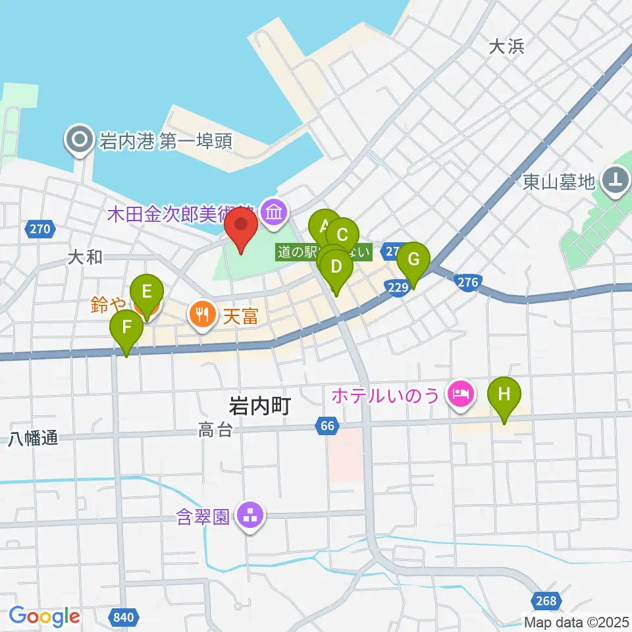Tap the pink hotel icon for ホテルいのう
click(459, 394)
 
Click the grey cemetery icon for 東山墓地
click(616, 179)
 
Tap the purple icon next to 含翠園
click(250, 515)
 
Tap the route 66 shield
click(327, 427)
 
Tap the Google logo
click(44, 616)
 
